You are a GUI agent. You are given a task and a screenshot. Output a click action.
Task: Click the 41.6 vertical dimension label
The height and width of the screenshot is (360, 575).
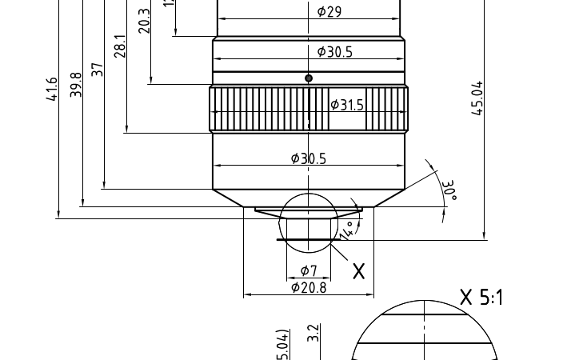(52, 89)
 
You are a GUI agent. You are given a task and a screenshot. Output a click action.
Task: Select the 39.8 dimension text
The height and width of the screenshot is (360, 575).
(76, 84)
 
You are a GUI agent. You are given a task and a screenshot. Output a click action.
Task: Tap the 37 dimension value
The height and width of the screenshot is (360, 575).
(98, 69)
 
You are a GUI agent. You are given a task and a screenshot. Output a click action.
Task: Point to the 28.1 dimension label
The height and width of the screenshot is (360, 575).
(120, 46)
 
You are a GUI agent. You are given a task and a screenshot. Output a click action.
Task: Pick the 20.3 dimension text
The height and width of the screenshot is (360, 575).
(144, 20)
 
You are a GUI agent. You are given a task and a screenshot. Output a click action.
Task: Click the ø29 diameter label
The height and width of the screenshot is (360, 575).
(329, 11)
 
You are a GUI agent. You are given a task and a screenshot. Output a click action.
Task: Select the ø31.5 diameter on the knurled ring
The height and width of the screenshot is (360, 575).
(346, 105)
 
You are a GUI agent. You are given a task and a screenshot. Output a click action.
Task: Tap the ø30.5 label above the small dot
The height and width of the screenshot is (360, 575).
(334, 51)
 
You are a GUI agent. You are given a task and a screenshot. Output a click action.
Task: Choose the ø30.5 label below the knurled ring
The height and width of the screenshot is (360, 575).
(308, 158)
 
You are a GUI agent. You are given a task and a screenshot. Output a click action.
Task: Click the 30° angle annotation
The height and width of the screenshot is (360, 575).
(449, 190)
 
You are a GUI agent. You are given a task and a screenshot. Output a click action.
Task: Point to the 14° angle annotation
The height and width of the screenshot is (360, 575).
(346, 230)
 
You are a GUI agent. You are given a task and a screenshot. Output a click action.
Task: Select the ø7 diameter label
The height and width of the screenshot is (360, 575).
(309, 270)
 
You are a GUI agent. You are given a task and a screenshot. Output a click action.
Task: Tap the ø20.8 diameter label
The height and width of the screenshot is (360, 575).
(309, 287)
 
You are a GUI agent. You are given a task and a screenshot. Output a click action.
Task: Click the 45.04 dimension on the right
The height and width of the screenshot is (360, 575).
(477, 98)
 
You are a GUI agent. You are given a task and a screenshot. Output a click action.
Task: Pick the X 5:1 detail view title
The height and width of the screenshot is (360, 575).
(481, 298)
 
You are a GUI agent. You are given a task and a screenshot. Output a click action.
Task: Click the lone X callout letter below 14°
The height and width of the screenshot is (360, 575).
(359, 271)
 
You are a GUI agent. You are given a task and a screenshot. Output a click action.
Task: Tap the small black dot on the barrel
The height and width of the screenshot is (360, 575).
(309, 78)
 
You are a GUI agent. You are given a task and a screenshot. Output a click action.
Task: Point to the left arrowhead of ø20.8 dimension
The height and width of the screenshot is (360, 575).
(247, 294)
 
